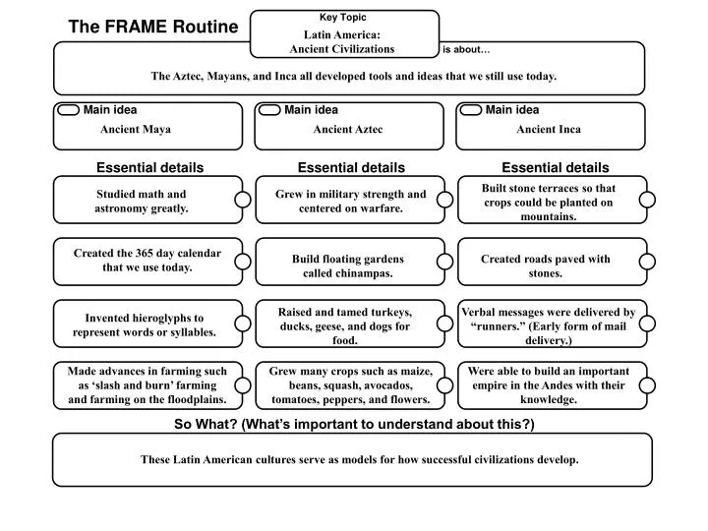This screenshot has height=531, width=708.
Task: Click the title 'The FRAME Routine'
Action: click(152, 28)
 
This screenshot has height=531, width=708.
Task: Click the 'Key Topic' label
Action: click(343, 17)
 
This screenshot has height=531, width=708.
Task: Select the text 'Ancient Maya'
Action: click(136, 129)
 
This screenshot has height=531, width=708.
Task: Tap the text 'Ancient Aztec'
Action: click(348, 129)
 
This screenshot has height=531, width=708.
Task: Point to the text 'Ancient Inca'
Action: click(549, 129)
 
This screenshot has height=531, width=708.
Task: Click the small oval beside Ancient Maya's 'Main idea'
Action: click(69, 110)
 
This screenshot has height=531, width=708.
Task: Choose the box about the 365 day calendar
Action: click(147, 261)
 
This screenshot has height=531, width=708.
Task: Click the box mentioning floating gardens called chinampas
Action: click(347, 265)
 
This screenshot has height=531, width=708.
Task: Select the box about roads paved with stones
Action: click(545, 265)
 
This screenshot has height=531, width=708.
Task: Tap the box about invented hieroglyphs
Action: click(144, 324)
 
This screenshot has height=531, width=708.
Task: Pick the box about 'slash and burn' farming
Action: click(147, 385)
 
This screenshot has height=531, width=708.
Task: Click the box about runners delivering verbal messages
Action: click(548, 325)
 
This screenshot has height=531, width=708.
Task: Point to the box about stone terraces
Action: click(548, 202)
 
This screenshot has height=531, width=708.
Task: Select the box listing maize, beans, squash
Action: click(349, 385)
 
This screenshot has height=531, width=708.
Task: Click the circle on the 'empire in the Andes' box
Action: click(647, 385)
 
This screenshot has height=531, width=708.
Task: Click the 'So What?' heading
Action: click(354, 424)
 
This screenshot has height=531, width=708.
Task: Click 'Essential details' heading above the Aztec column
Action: click(351, 168)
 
